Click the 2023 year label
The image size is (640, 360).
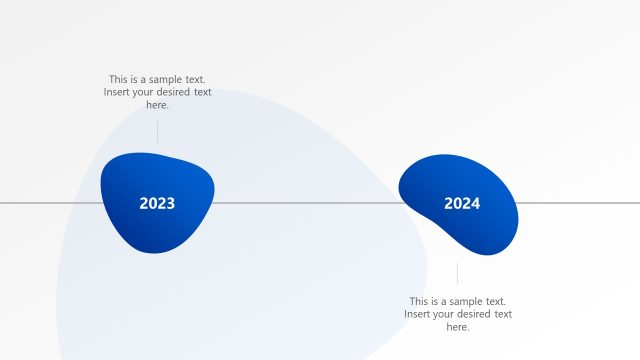[157, 204]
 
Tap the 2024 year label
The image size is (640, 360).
[462, 204]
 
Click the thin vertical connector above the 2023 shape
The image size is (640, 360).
[157, 132]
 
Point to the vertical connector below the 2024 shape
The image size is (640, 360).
[458, 273]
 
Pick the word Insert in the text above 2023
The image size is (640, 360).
[118, 92]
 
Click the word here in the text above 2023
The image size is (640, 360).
[157, 105]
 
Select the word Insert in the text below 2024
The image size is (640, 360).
[419, 314]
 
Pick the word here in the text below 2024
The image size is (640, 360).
[457, 327]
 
